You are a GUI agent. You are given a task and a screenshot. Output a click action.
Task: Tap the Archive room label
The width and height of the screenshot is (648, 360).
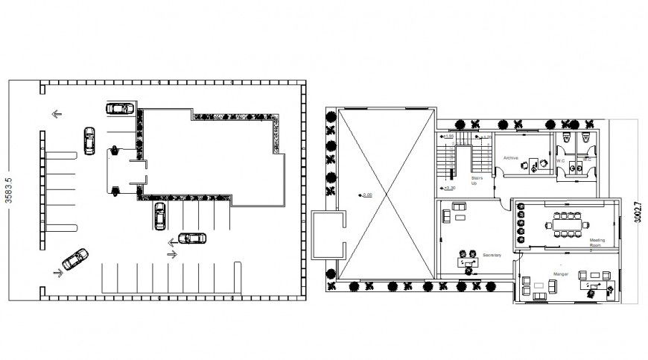click(510, 158)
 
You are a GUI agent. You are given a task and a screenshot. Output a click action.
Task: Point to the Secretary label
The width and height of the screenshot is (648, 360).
click(492, 256)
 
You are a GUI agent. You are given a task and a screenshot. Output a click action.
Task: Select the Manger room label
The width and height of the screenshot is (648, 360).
click(561, 274)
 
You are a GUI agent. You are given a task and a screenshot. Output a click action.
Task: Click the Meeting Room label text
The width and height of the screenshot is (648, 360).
click(597, 242)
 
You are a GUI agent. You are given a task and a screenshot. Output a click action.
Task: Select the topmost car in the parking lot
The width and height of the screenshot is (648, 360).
click(120, 108)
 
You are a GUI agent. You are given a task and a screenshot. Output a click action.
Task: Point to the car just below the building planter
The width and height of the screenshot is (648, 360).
click(159, 215)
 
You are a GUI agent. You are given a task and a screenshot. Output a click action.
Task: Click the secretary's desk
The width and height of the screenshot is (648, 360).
click(469, 262)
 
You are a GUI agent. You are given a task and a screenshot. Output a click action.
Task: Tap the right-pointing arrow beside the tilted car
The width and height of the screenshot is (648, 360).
click(58, 273)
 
